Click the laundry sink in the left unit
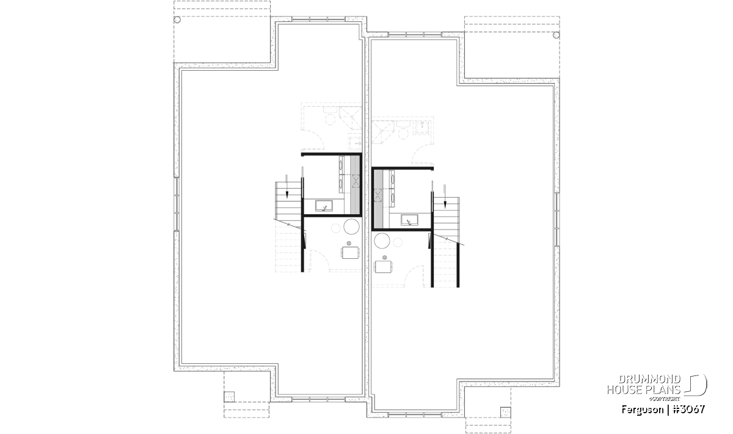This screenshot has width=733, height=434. [x=324, y=206]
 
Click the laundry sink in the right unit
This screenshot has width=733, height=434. [x=409, y=220]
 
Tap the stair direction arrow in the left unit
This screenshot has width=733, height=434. [x=287, y=186]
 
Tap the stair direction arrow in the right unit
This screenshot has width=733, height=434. [x=445, y=196]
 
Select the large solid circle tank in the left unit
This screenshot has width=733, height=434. [x=351, y=226]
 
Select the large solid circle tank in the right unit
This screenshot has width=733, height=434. [x=382, y=241]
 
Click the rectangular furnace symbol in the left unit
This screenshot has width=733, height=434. [x=351, y=253]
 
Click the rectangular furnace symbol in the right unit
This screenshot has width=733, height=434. [x=384, y=267]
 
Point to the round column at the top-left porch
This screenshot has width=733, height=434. [x=177, y=20]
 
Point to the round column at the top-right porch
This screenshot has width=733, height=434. [x=556, y=35]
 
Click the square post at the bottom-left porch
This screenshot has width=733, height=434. [x=229, y=397]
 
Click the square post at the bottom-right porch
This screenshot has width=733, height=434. [x=506, y=412]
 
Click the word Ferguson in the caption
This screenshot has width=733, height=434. [x=643, y=410]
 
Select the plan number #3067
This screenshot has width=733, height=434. [x=689, y=410]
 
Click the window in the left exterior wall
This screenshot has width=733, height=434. [x=177, y=204]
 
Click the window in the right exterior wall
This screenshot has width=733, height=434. [x=557, y=220]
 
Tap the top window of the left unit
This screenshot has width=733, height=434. [x=318, y=19]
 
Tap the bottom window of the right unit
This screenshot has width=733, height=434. [x=415, y=415]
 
